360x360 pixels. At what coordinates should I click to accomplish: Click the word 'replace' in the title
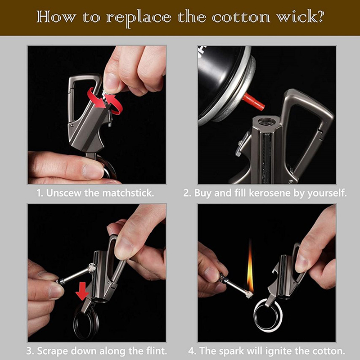pos(139,18)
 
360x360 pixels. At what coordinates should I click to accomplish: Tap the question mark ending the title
pos(320,16)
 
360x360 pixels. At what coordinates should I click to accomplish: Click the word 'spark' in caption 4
pos(231,351)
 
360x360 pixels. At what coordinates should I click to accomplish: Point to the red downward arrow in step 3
pos(82,292)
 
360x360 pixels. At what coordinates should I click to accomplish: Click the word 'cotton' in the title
pos(241,17)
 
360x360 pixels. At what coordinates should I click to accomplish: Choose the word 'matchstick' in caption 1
pos(128,193)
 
